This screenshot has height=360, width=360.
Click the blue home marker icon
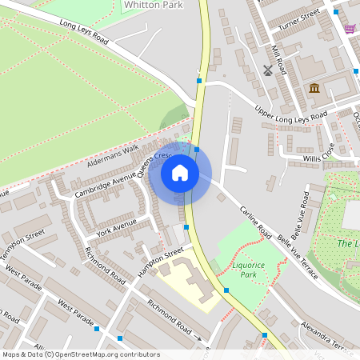180,173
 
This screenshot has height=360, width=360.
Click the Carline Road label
255,222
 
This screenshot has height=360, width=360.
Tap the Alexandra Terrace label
325,334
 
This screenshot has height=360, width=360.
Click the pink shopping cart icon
350,29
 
